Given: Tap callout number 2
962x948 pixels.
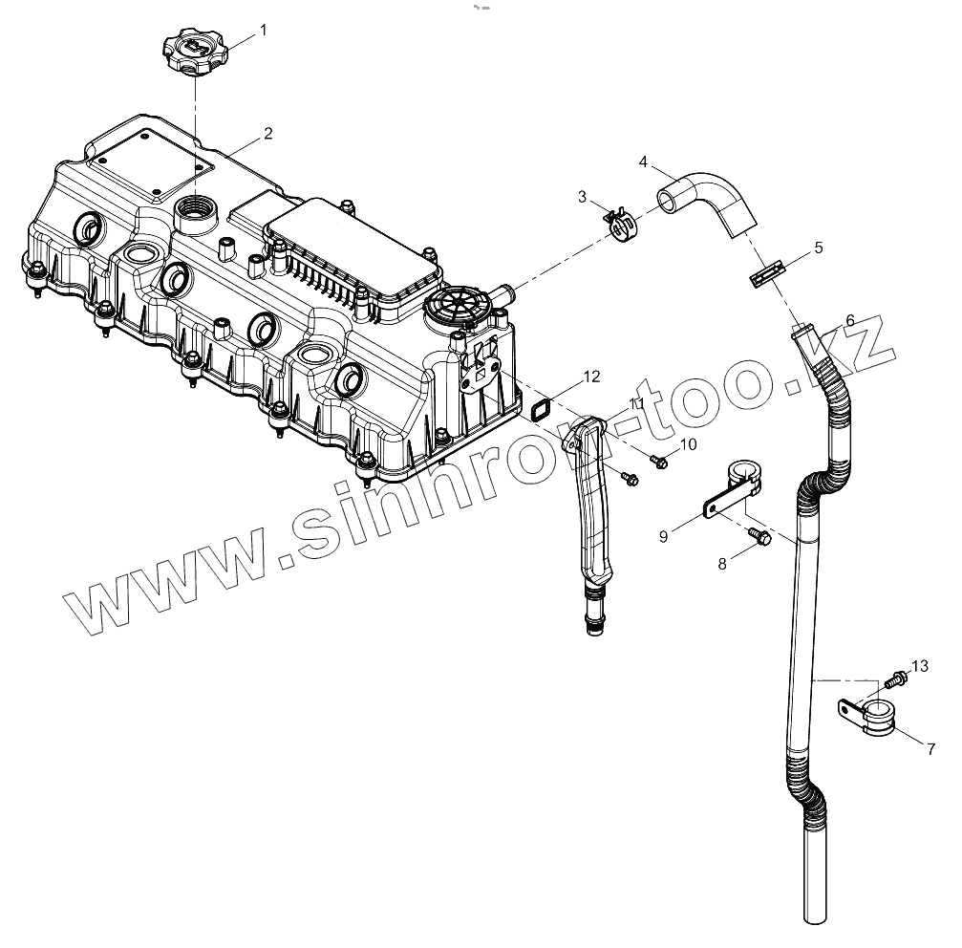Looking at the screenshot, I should (268, 133).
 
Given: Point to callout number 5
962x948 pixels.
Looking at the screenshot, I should (818, 248).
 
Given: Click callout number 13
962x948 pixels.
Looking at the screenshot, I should (920, 665).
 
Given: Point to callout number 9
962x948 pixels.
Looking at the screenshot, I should (662, 537).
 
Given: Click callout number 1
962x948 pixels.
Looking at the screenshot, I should (264, 30).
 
